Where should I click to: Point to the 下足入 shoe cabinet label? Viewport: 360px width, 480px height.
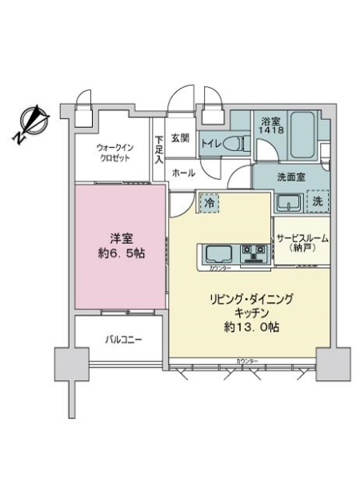click(159, 150)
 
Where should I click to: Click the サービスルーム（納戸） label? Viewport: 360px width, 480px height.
click(302, 244)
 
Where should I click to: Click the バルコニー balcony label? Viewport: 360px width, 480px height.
click(124, 339)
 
